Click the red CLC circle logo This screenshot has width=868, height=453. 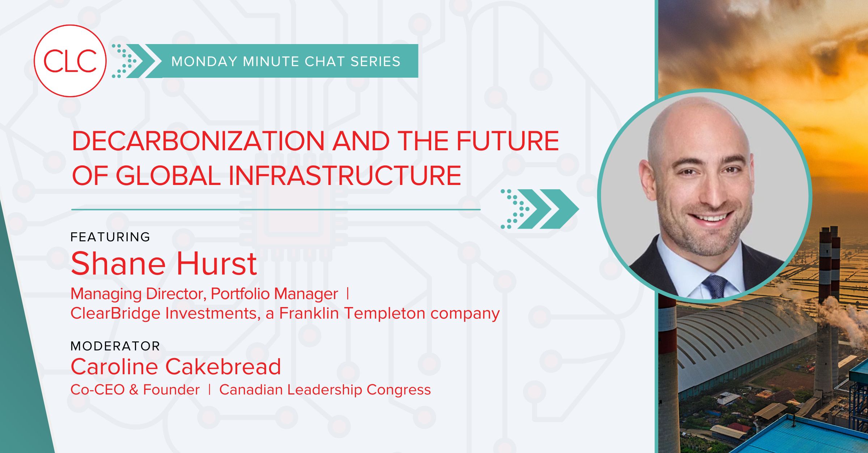click(70, 61)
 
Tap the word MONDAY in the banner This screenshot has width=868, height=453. click(205, 61)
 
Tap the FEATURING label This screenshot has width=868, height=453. click(110, 237)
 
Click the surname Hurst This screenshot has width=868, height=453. click(217, 264)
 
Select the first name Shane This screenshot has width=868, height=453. click(118, 264)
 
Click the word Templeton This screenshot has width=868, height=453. click(384, 314)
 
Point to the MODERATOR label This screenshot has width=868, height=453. click(115, 346)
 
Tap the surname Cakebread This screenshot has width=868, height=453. click(223, 367)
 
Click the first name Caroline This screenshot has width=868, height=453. click(115, 367)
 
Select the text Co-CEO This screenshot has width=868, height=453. click(98, 389)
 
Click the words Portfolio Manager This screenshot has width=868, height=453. click(274, 294)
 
